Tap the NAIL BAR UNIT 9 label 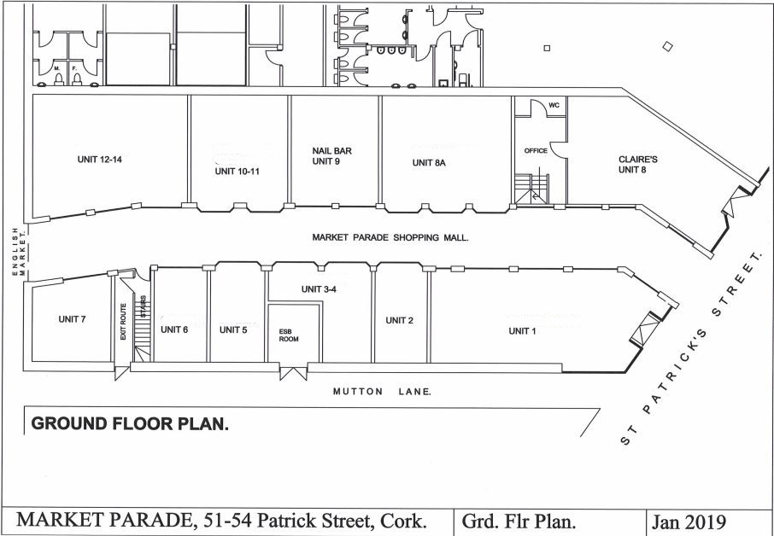click(x=331, y=156)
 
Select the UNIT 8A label click(x=429, y=163)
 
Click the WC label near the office click(x=554, y=105)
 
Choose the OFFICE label click(x=536, y=150)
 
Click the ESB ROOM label click(x=289, y=335)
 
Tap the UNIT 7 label click(x=72, y=319)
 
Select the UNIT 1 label click(x=522, y=331)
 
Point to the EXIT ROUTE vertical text click(x=123, y=321)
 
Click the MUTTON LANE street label click(x=383, y=392)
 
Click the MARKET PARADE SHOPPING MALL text click(x=390, y=237)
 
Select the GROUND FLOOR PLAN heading click(x=130, y=423)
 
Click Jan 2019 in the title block click(x=689, y=521)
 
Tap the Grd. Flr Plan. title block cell click(x=519, y=521)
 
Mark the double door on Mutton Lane click(x=293, y=373)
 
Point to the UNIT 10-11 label click(x=237, y=172)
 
